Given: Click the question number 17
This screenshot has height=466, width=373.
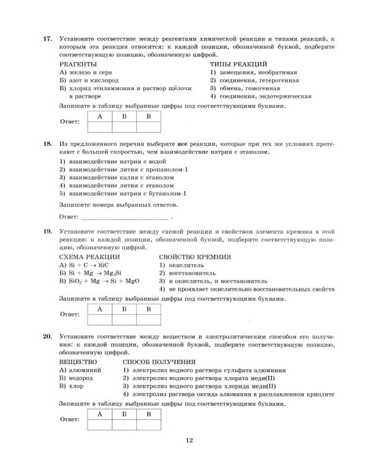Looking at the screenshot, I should [47, 39].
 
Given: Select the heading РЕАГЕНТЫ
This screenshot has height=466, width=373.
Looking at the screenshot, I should [78, 64].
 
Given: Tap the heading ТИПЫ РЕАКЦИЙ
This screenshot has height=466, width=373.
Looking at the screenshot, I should [238, 64].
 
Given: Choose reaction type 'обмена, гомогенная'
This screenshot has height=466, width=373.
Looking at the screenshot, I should [251, 88].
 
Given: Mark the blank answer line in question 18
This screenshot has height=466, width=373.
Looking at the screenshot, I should [125, 217].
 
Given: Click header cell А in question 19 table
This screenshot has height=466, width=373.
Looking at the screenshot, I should [99, 309].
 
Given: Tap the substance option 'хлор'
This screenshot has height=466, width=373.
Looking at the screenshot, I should [75, 386].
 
